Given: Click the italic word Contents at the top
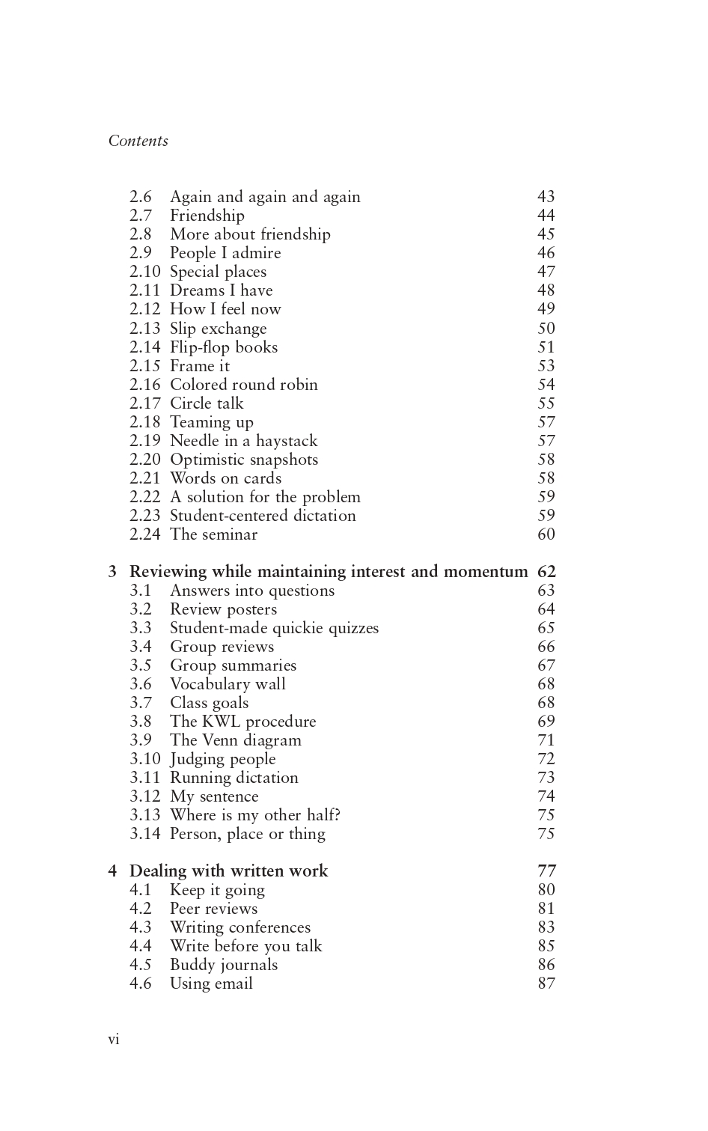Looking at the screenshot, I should tap(138, 141).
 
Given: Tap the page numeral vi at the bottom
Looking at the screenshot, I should tap(114, 1039).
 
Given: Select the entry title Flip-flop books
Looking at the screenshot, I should tap(223, 347).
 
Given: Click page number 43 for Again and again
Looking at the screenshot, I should tap(546, 197).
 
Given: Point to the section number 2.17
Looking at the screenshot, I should tap(144, 403).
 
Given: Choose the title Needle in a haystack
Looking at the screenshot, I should tap(243, 441).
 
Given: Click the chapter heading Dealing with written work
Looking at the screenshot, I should tap(228, 871).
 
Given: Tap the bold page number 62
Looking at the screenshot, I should tap(546, 572).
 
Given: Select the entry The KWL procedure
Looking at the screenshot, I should tap(242, 722).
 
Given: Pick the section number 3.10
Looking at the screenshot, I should tap(144, 759).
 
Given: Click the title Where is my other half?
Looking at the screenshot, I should tap(255, 815).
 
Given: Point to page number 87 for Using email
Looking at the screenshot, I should tap(546, 984).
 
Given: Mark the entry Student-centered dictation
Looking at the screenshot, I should tap(263, 516).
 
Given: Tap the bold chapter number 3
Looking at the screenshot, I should tap(112, 572).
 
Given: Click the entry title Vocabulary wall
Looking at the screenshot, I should tap(228, 684).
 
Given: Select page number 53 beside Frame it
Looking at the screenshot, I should tap(546, 366).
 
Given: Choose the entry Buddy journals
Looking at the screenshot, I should tap(223, 965).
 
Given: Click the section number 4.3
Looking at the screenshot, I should tap(141, 927).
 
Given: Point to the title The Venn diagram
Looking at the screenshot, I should tap(235, 740).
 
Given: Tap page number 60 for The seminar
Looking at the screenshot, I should tap(546, 534).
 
